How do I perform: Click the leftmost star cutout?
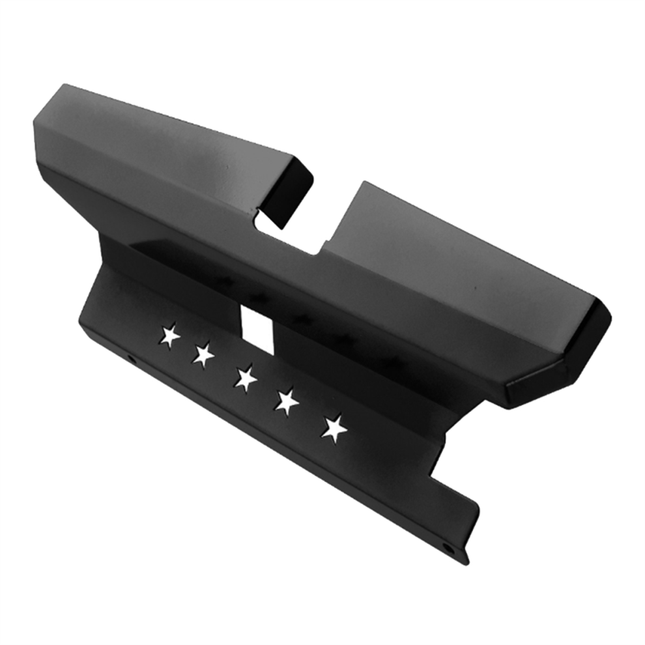[x=170, y=336]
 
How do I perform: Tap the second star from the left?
[x=204, y=354]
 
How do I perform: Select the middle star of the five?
[x=246, y=379]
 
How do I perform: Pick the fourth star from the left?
[x=286, y=401]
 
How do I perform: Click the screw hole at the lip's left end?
[x=131, y=359]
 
